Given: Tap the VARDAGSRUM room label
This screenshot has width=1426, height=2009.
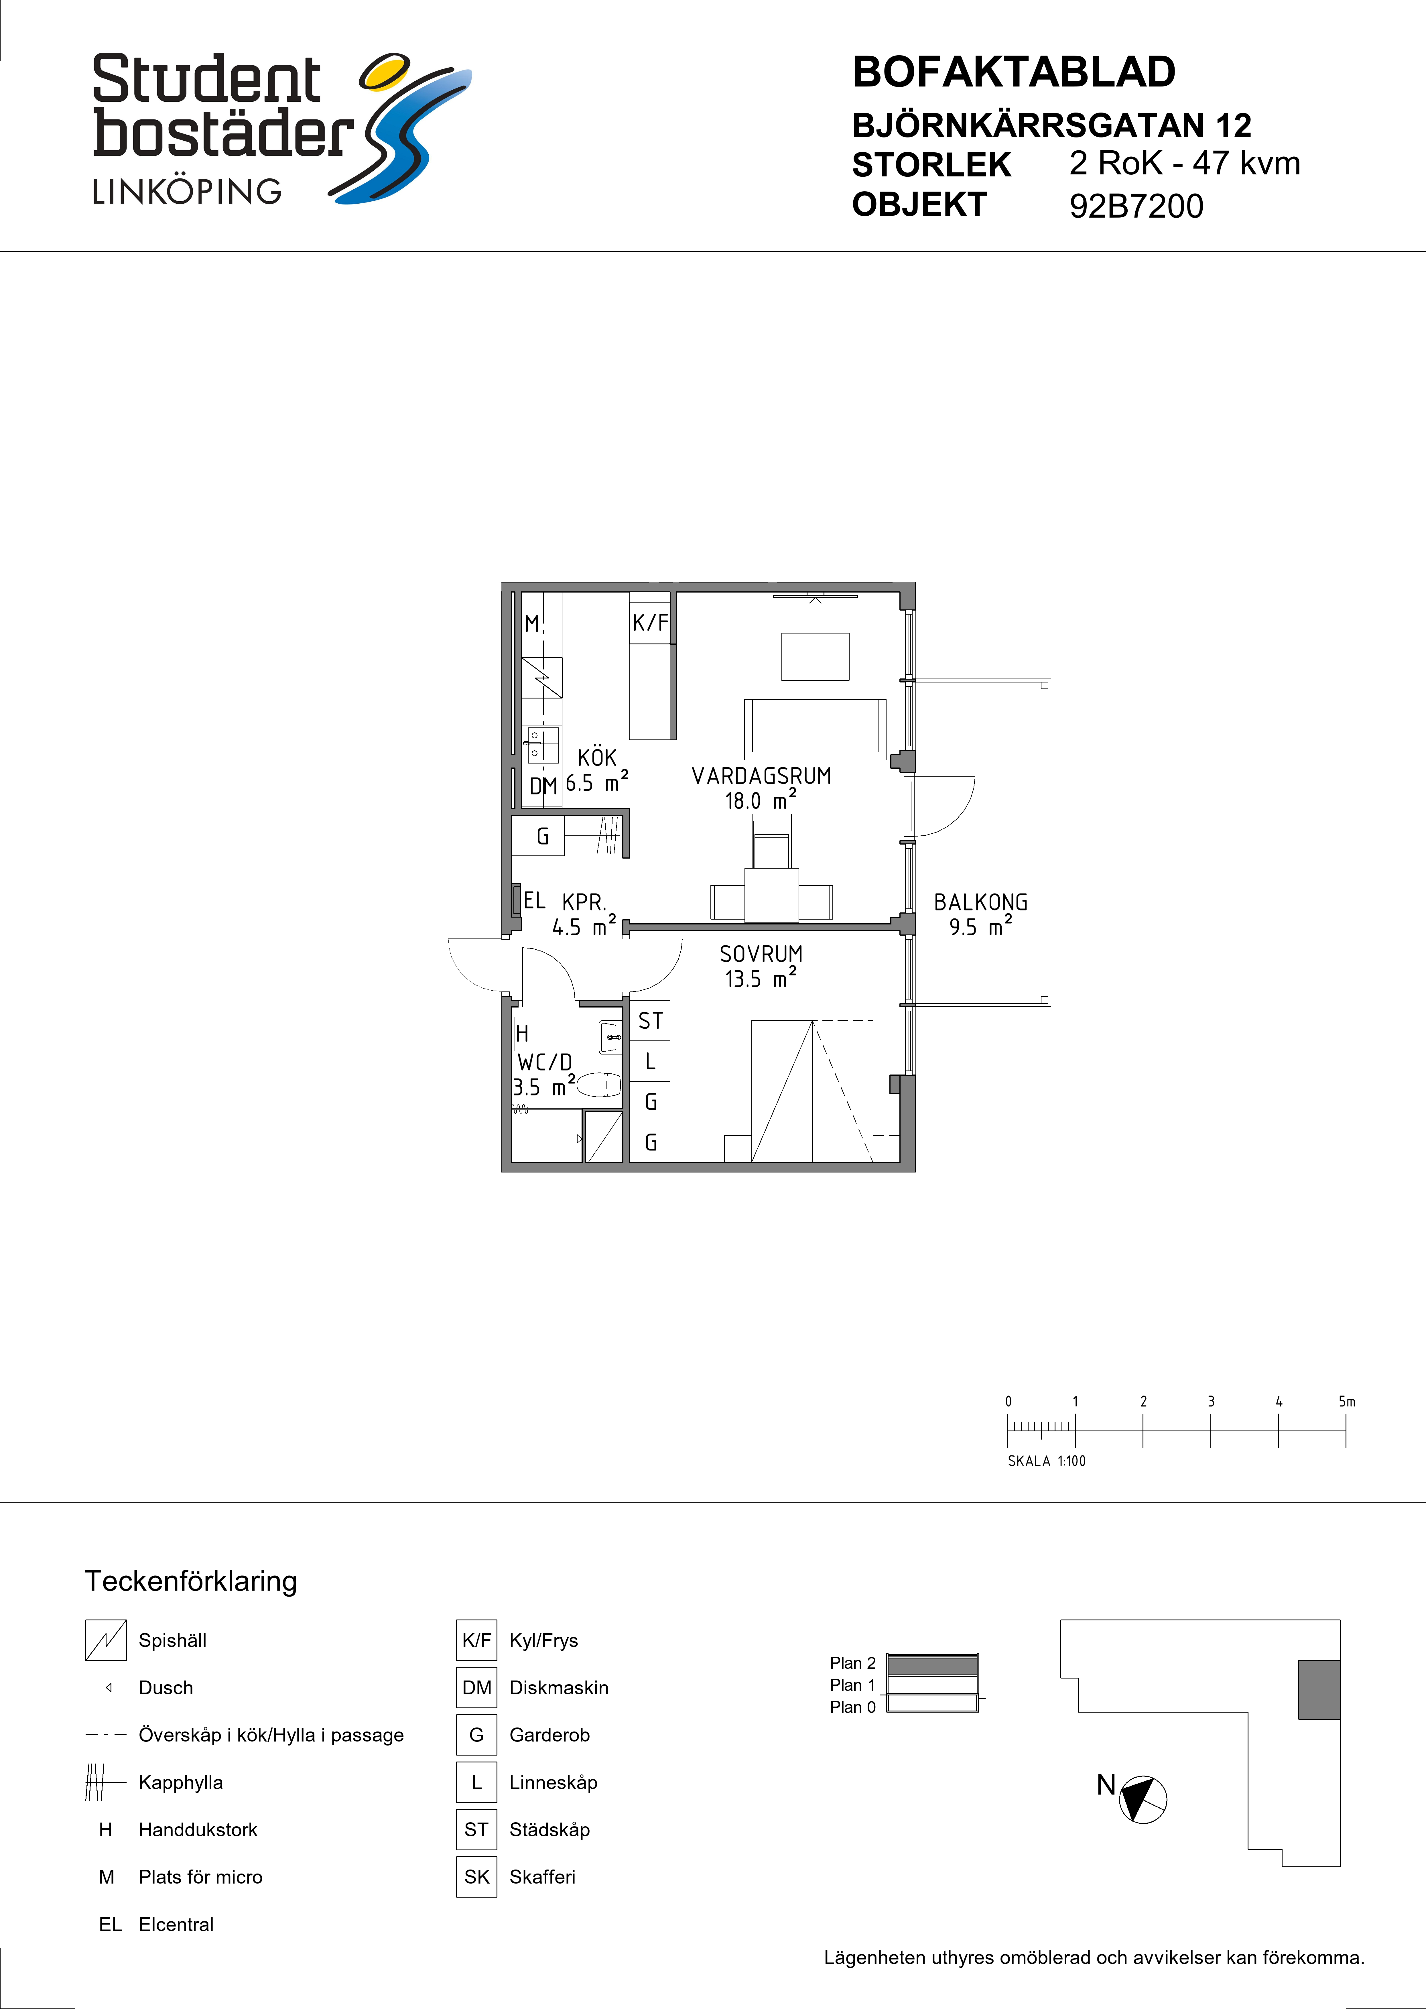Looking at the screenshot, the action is [761, 776].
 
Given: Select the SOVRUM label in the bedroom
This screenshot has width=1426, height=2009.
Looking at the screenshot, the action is [761, 954].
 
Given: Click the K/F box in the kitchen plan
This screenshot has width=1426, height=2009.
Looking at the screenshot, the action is [651, 623].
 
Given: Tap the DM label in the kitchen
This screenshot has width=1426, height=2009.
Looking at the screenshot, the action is [543, 786].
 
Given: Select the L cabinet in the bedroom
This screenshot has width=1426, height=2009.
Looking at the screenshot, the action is [651, 1062].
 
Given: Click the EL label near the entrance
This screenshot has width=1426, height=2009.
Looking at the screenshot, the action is [534, 900].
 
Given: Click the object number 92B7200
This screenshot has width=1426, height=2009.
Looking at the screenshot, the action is [1136, 206].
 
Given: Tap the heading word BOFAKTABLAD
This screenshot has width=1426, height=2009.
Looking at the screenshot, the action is [1013, 72].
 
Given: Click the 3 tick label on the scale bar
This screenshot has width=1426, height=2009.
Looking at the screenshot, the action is [1211, 1401].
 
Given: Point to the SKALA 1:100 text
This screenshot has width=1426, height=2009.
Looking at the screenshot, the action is [1047, 1461].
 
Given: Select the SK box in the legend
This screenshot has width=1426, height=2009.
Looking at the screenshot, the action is [477, 1876].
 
